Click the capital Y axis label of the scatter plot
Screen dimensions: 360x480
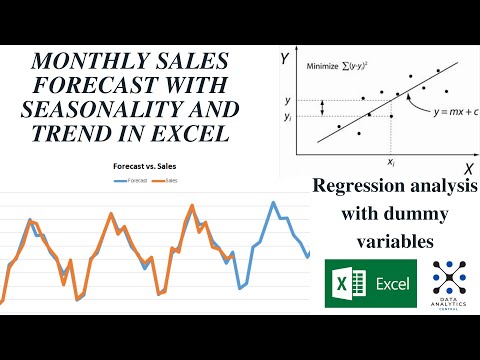(x=284, y=60)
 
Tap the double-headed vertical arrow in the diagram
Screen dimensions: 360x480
(x=321, y=107)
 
